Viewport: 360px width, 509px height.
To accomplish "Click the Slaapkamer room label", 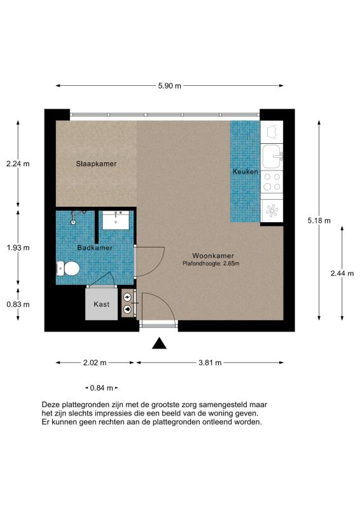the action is point(96,164).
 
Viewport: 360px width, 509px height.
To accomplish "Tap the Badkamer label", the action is point(95,248).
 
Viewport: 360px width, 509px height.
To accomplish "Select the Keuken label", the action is point(246,172).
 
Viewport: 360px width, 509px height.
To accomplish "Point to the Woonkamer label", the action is point(213,256).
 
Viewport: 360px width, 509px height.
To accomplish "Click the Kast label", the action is point(102,304).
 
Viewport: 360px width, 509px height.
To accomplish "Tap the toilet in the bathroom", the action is point(68,268).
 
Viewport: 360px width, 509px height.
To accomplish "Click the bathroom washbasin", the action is point(116,220).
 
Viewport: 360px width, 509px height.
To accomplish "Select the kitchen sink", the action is point(272,157).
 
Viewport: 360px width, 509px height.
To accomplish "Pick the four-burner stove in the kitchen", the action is point(272,182).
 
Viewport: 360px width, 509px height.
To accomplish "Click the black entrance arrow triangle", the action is point(160,344).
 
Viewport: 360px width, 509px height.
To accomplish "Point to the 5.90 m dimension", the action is point(170,86).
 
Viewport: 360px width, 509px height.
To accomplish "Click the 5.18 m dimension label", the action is point(319,221).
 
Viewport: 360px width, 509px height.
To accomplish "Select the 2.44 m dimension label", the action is point(342,274).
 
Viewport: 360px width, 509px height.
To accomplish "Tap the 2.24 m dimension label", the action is point(18,164).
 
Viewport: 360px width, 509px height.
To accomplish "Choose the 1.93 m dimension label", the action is point(18,248).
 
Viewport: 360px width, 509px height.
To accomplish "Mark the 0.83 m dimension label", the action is point(18,304).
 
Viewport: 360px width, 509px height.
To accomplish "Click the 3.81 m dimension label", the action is point(210,363).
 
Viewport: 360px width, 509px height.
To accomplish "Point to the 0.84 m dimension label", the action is point(102,388).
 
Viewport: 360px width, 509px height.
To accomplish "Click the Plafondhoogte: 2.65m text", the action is point(211,263).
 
